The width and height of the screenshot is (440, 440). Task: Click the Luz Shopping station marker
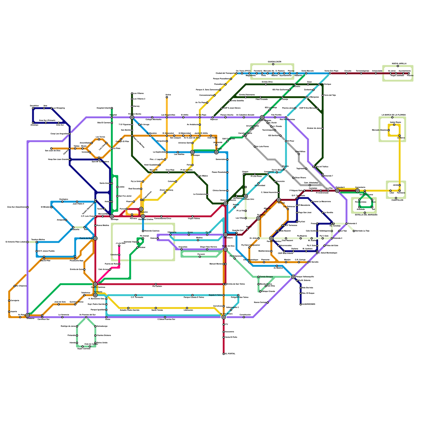click(x=51, y=108)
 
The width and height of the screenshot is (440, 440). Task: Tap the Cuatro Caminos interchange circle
click(x=95, y=284)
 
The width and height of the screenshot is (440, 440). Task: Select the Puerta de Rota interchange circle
click(x=95, y=238)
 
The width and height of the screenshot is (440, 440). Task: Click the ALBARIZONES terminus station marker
click(x=301, y=304)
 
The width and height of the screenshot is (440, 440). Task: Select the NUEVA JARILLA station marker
click(x=398, y=66)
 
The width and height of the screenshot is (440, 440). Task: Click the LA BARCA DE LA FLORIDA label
click(x=394, y=115)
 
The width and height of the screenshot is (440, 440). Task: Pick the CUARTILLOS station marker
click(x=396, y=198)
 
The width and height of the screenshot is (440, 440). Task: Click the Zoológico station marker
click(x=62, y=202)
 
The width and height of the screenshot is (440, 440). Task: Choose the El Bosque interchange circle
click(x=193, y=152)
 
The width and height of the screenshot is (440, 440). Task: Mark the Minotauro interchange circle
click(x=226, y=235)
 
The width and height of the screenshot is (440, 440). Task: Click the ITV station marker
click(x=224, y=324)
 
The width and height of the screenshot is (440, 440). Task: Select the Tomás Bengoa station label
click(x=266, y=277)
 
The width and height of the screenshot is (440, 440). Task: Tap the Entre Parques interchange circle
click(x=262, y=117)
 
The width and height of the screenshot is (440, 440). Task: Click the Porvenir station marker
click(x=200, y=257)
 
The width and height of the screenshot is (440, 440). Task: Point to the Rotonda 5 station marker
click(x=346, y=224)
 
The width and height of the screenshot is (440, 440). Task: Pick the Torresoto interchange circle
click(x=95, y=295)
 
